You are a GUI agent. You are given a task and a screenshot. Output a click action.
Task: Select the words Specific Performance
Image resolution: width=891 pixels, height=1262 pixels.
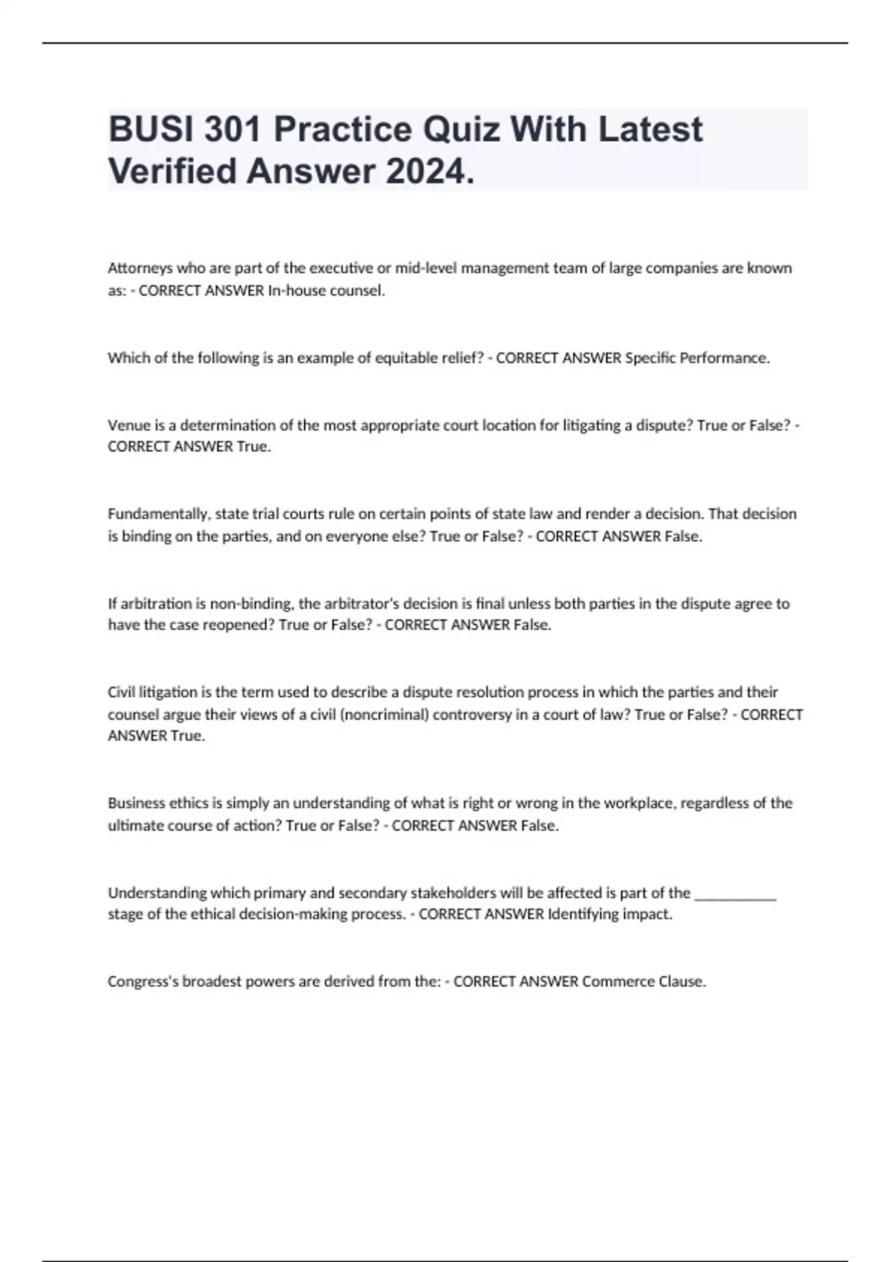(x=697, y=358)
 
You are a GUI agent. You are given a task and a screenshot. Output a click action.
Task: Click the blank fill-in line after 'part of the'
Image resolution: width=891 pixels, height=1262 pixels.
(x=735, y=895)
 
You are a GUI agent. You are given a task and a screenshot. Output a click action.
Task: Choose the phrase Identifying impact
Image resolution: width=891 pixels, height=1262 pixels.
(x=610, y=915)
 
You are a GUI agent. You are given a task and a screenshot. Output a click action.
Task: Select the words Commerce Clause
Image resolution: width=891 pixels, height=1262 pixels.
(x=643, y=981)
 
